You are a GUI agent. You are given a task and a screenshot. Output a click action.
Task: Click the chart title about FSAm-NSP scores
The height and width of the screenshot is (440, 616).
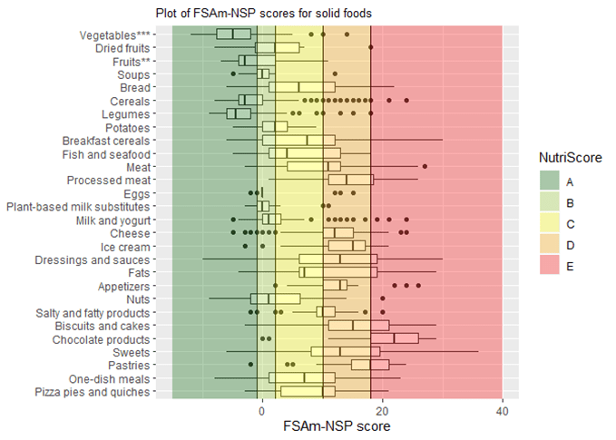click(x=264, y=14)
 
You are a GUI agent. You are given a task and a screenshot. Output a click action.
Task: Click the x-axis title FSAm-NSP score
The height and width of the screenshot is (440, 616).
click(x=337, y=425)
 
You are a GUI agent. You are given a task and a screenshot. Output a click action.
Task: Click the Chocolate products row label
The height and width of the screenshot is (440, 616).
click(x=105, y=339)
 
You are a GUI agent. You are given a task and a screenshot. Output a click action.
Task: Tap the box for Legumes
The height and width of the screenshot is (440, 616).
click(x=238, y=113)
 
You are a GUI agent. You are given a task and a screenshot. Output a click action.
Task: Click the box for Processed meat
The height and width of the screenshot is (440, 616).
click(x=350, y=180)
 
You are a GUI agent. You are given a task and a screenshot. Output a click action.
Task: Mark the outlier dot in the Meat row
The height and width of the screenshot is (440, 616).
click(x=425, y=166)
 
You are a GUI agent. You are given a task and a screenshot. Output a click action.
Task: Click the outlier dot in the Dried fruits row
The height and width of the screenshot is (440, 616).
click(x=370, y=47)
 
